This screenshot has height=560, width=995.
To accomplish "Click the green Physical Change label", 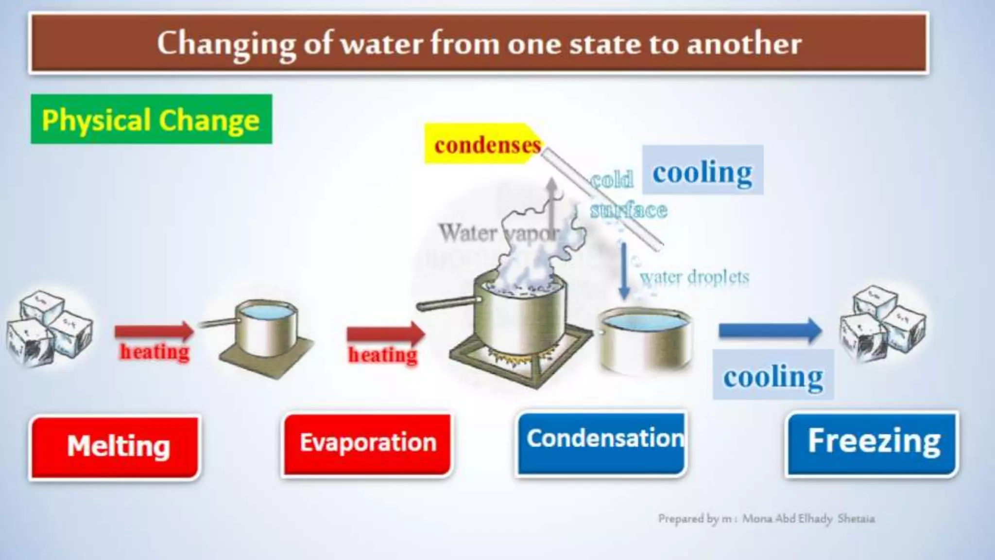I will [151, 119].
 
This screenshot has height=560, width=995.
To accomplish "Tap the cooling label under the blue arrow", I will [773, 375].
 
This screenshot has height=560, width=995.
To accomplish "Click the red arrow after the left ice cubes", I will [154, 332].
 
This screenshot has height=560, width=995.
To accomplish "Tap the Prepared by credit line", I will [766, 519].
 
